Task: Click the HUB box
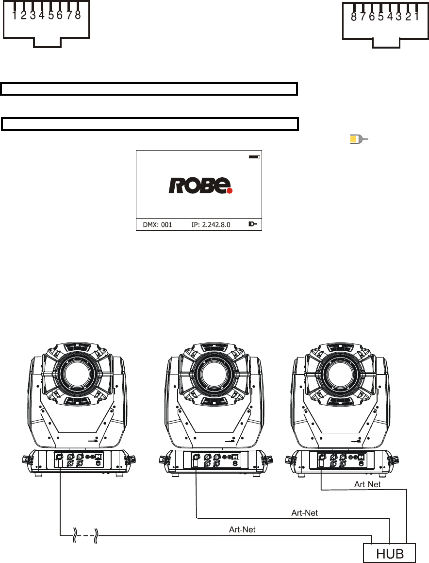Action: [390, 553]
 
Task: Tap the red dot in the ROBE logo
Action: [230, 190]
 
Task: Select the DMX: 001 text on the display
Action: [157, 225]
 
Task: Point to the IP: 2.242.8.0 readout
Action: [211, 225]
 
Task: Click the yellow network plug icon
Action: [359, 139]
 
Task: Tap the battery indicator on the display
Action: [254, 157]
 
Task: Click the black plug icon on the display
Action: [253, 224]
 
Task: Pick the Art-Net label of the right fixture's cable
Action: [367, 484]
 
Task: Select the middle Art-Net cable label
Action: [305, 513]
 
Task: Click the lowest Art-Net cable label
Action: [242, 529]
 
